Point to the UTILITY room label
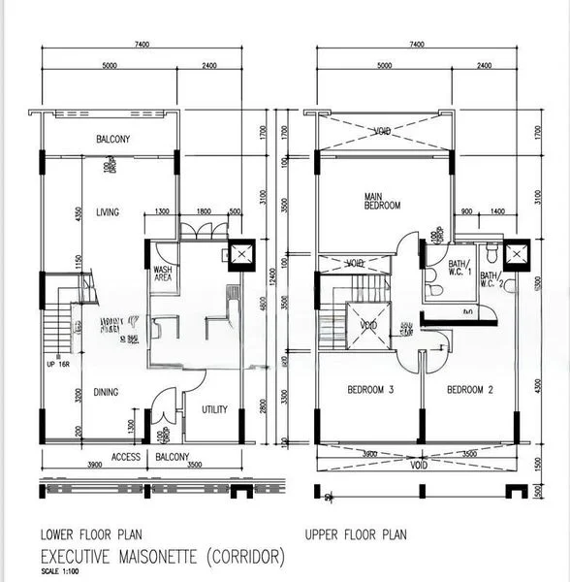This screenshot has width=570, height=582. (x=214, y=409)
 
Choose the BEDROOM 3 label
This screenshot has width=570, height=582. (x=370, y=391)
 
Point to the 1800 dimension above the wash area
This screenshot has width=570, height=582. (x=204, y=211)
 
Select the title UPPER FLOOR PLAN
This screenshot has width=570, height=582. (x=356, y=534)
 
